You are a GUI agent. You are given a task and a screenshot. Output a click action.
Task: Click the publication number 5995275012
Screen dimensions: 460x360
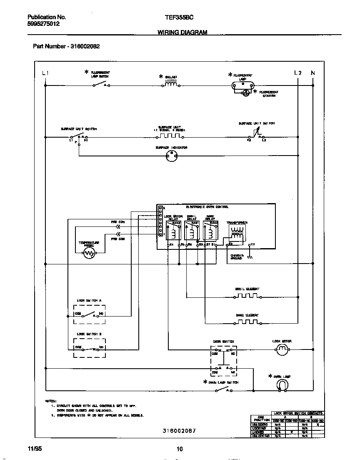point(43,24)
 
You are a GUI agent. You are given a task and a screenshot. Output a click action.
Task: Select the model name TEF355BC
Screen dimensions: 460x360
point(179,18)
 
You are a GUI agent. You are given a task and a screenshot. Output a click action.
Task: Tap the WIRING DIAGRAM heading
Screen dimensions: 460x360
point(182,33)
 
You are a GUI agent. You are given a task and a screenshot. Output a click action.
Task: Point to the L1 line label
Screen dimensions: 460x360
point(45,73)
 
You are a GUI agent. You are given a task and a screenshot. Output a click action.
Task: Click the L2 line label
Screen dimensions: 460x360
point(297,73)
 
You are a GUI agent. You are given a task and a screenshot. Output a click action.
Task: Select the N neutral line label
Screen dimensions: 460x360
point(313,73)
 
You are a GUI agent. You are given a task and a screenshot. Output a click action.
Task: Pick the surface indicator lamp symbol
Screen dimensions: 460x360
point(172,156)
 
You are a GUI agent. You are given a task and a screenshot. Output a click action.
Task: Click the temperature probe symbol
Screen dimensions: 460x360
point(89,254)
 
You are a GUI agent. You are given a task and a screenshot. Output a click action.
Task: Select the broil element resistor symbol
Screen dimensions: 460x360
point(247,297)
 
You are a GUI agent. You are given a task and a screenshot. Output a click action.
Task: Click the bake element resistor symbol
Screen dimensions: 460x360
point(247,322)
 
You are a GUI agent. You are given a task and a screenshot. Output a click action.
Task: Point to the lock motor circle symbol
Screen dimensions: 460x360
point(282,350)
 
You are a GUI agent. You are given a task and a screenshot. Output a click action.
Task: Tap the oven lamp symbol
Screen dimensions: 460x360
point(282,386)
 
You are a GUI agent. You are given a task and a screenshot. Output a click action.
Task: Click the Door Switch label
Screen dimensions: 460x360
point(223,342)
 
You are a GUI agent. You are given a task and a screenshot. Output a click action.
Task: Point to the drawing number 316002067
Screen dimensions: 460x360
point(179,431)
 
